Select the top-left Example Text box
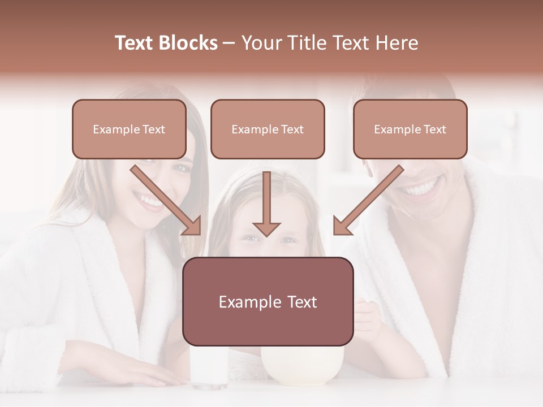(129, 129)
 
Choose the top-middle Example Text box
(268, 129)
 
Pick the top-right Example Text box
(410, 129)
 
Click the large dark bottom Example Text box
(268, 301)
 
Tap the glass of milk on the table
(209, 367)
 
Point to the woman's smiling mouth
(149, 201)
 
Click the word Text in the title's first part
(135, 43)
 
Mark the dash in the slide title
(229, 43)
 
